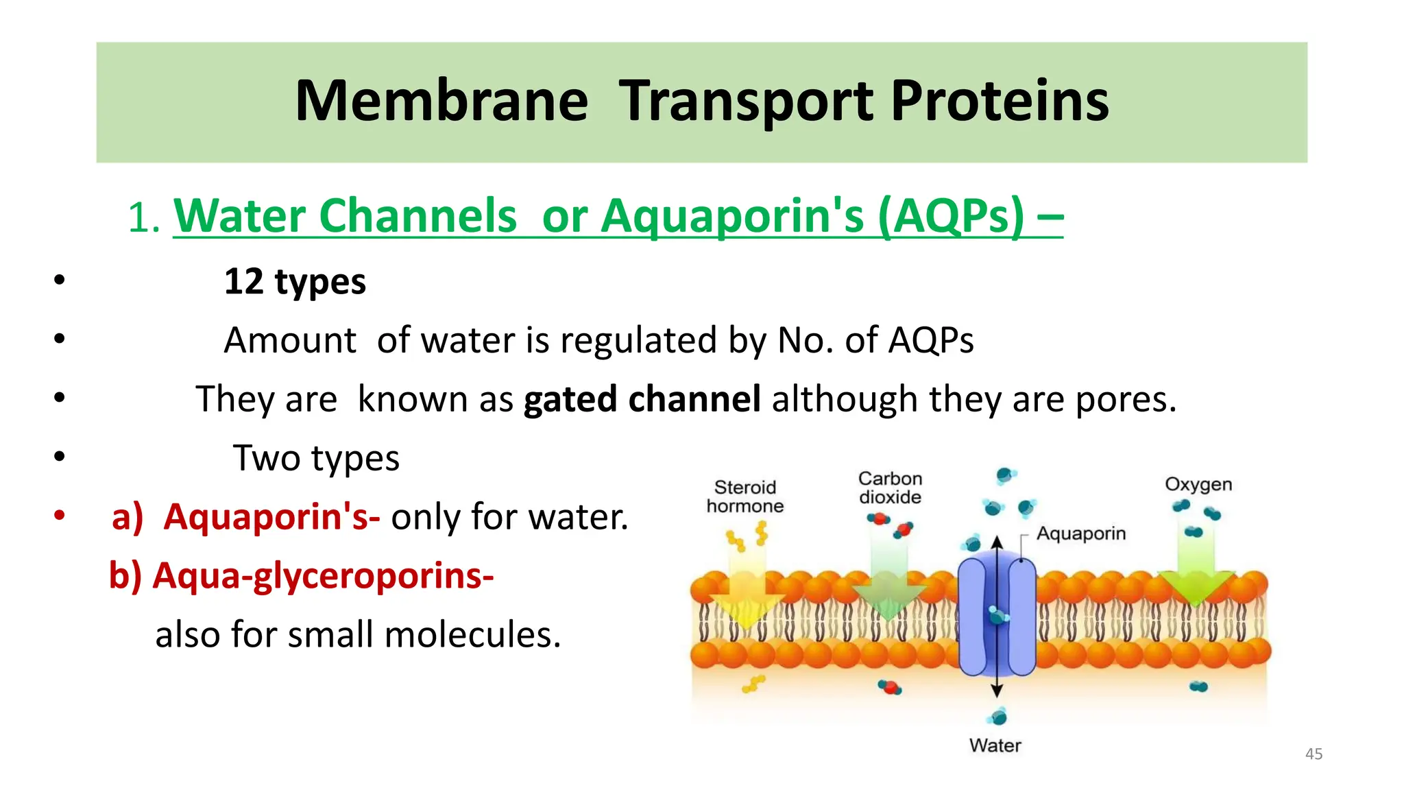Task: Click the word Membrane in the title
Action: tap(441, 101)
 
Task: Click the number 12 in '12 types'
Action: tap(243, 282)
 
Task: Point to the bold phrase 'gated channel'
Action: tap(642, 399)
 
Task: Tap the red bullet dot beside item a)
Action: tap(60, 514)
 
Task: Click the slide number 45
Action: tap(1314, 754)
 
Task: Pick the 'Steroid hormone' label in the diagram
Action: tap(745, 496)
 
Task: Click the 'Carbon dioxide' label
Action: tap(890, 488)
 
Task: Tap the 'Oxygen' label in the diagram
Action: tap(1198, 484)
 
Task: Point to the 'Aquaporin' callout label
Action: tap(1080, 534)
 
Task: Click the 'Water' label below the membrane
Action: tap(995, 745)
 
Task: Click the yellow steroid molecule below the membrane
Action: tap(753, 684)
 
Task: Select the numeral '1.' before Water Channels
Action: tap(145, 219)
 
